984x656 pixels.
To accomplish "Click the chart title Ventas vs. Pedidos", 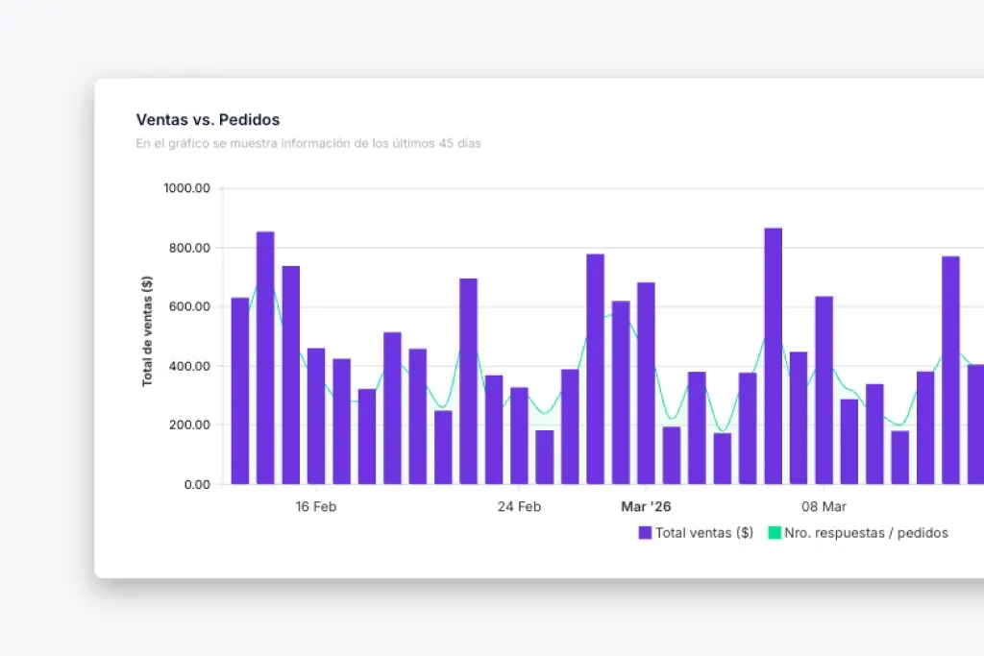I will (x=208, y=120).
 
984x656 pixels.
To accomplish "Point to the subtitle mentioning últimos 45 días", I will (x=307, y=144).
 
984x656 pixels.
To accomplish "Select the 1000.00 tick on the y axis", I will (x=186, y=188).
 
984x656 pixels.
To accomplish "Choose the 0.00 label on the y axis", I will (x=195, y=484).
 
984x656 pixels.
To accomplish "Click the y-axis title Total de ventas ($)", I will (x=147, y=330).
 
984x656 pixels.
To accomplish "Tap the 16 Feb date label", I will (x=315, y=507).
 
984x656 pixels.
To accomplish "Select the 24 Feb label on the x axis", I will (x=519, y=507).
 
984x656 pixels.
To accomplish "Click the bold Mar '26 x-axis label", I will (x=646, y=507).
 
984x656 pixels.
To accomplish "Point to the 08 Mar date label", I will (x=824, y=507).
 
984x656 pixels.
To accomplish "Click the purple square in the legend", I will (x=645, y=533).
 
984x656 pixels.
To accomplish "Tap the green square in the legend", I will (x=775, y=533).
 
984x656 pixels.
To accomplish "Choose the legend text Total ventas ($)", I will (x=703, y=533).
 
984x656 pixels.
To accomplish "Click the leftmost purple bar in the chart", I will (x=239, y=391).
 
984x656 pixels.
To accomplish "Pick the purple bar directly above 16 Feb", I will (x=316, y=416).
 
